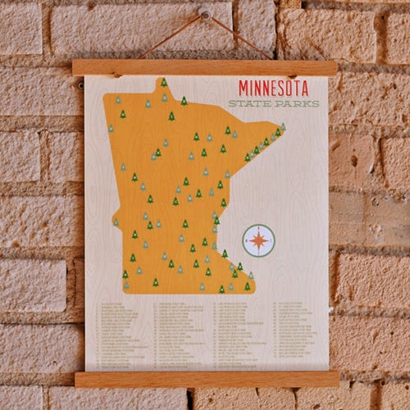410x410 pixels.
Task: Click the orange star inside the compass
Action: tap(259, 240)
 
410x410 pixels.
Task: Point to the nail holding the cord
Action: tap(203, 14)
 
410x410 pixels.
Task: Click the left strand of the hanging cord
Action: tap(168, 38)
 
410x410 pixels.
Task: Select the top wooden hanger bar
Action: tap(204, 68)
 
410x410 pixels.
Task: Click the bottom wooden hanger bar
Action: tap(207, 379)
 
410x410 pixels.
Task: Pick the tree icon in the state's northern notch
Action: tap(164, 83)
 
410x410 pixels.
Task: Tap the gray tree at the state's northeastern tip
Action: tap(283, 127)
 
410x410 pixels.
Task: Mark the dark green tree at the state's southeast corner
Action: tap(247, 285)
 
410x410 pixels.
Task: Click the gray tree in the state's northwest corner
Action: tap(118, 100)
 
